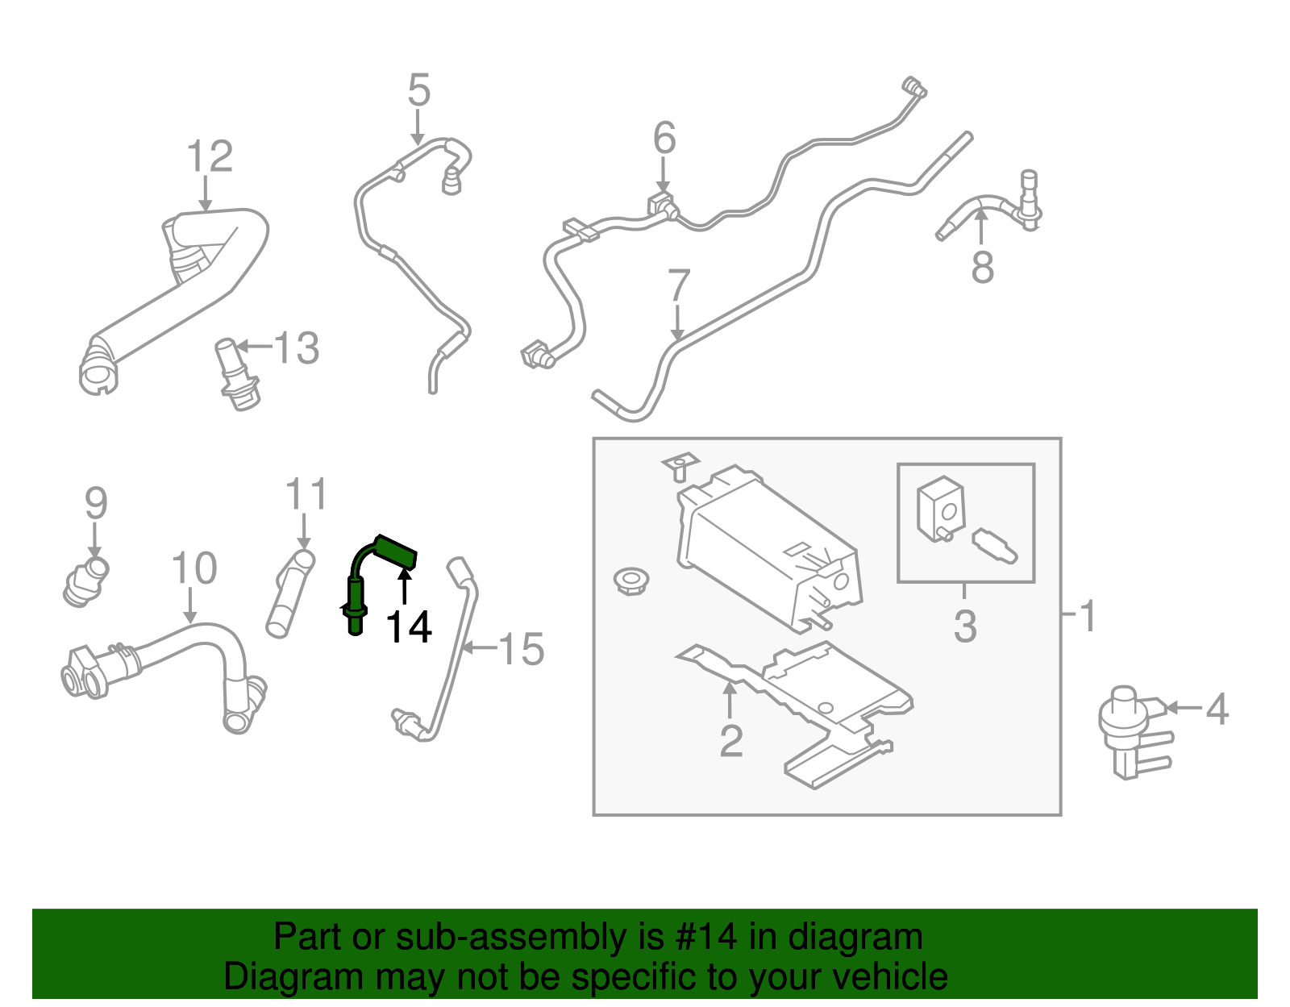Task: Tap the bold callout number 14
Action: click(409, 627)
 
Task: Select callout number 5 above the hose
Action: click(418, 90)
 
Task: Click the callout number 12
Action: click(210, 156)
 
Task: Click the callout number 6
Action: click(664, 139)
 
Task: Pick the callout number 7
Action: click(679, 286)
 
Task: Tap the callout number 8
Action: click(982, 267)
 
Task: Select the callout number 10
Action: click(194, 569)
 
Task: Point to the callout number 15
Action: click(522, 649)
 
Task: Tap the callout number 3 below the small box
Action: click(965, 626)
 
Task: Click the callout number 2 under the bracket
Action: click(730, 741)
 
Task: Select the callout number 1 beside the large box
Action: click(1088, 616)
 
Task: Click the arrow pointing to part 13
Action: click(255, 347)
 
